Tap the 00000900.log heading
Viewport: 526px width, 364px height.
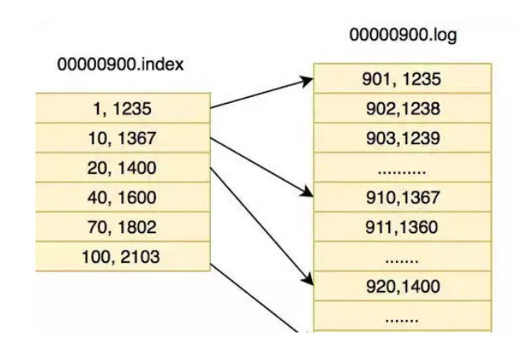[403, 36]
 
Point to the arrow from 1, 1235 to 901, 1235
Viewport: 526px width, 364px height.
[261, 94]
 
